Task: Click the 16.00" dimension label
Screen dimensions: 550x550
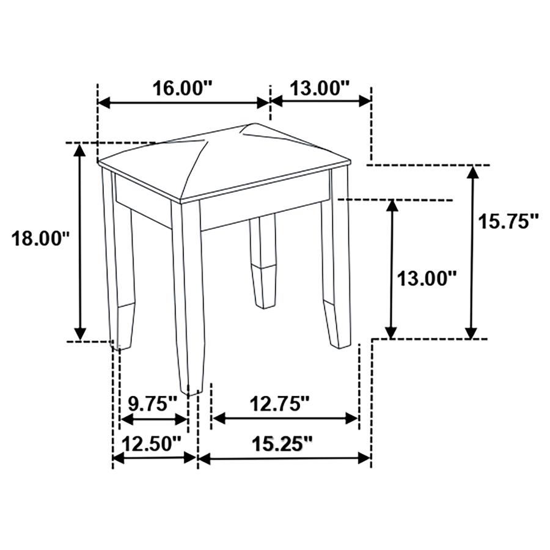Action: pyautogui.click(x=182, y=87)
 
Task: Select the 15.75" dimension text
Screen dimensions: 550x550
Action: pyautogui.click(x=508, y=221)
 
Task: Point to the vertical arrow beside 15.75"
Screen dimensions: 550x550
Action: pyautogui.click(x=471, y=251)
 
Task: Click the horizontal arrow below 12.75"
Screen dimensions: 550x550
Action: pyautogui.click(x=284, y=419)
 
